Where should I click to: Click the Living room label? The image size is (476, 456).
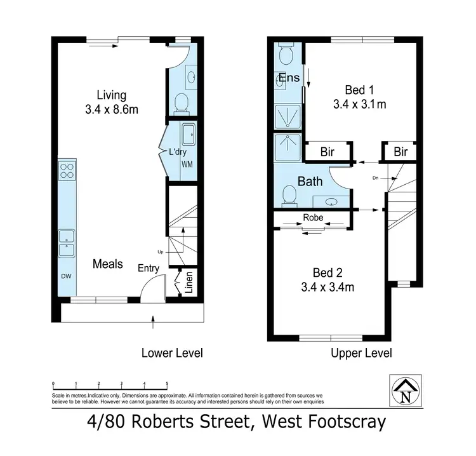(x=111, y=95)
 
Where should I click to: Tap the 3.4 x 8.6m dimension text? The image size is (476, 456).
(x=111, y=109)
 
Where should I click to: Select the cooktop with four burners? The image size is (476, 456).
(x=67, y=170)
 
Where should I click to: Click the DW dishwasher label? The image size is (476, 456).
(x=67, y=277)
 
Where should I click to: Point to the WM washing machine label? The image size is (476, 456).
(x=187, y=164)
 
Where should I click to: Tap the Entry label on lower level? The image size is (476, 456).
(x=149, y=268)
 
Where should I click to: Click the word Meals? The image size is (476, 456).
(x=107, y=264)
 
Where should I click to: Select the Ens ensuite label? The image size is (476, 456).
(x=289, y=79)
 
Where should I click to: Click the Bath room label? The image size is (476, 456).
(x=310, y=182)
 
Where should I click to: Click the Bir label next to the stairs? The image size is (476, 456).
(x=400, y=152)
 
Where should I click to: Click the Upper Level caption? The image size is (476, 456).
(x=361, y=353)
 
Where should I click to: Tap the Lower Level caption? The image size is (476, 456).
(x=171, y=353)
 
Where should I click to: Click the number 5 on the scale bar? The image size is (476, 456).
(x=167, y=384)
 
